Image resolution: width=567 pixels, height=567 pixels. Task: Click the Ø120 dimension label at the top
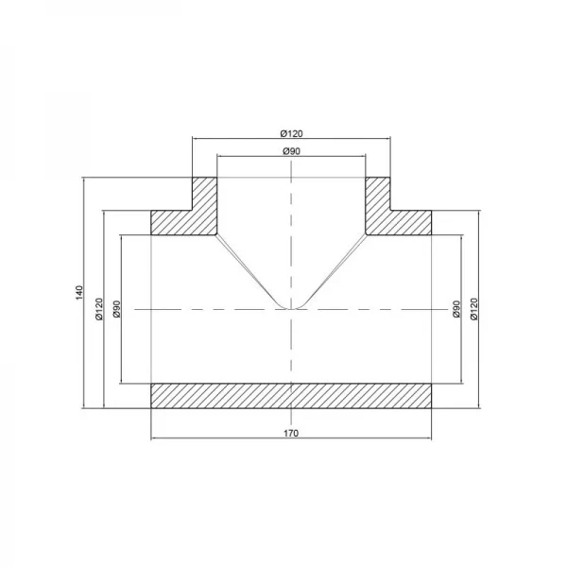click(x=291, y=133)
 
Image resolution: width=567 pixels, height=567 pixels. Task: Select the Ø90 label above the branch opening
click(x=291, y=150)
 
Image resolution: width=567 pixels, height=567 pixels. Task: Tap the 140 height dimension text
click(x=80, y=293)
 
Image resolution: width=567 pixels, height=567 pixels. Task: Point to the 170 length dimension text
click(x=291, y=434)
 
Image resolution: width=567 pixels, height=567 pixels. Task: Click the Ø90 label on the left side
click(x=116, y=309)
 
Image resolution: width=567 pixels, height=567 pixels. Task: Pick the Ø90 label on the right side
click(x=455, y=309)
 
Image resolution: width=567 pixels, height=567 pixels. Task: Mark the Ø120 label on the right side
click(x=473, y=309)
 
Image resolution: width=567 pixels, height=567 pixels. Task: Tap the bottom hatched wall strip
click(x=291, y=396)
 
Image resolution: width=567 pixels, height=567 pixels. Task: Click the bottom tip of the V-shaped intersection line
click(x=292, y=309)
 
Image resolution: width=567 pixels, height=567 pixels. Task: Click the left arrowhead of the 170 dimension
click(x=155, y=440)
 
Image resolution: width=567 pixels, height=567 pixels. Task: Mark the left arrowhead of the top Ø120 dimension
click(x=196, y=139)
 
